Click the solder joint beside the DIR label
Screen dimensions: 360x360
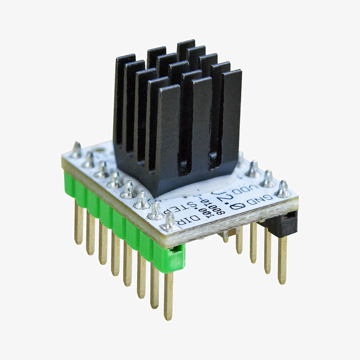click(169, 222)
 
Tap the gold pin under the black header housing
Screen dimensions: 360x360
click(282, 260)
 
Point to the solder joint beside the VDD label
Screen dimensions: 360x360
click(268, 180)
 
